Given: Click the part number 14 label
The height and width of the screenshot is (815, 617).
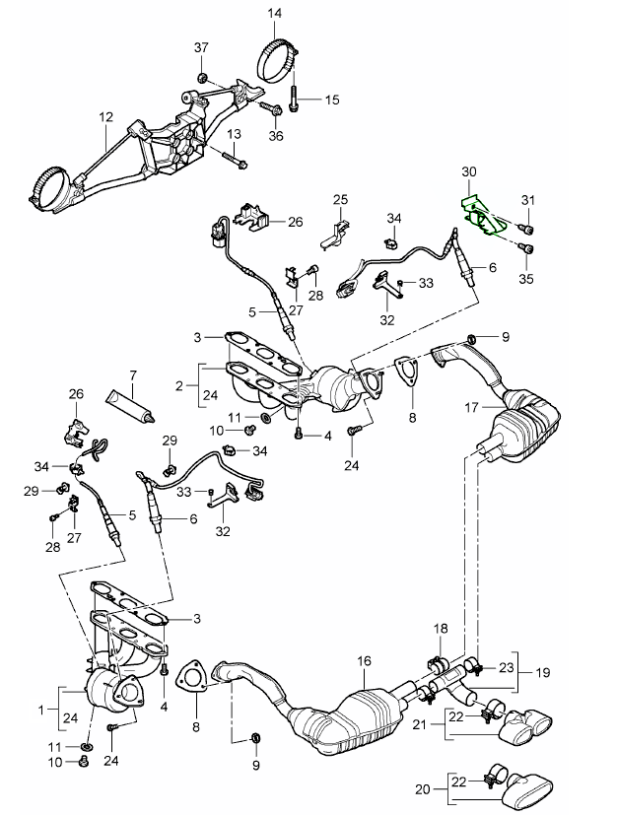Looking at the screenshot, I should pyautogui.click(x=274, y=14).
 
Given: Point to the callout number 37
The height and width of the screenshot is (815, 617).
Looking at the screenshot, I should pyautogui.click(x=202, y=49).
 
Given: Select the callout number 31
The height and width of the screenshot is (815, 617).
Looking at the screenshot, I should pyautogui.click(x=527, y=202).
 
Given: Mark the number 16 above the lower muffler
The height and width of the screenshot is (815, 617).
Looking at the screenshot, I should pyautogui.click(x=364, y=661).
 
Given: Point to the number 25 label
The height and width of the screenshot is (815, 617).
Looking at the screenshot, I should pyautogui.click(x=340, y=200).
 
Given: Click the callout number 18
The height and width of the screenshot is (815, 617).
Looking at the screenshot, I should pyautogui.click(x=441, y=629).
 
